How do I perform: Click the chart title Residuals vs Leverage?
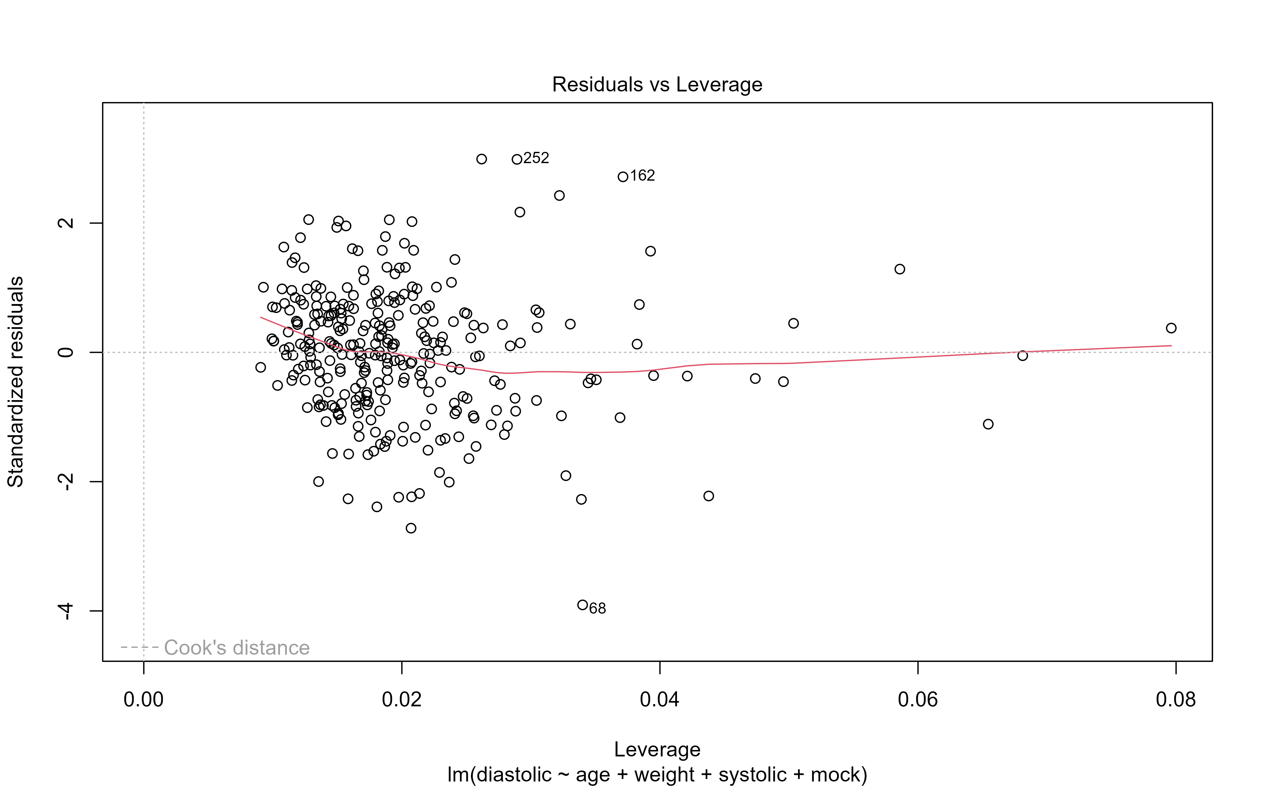657,85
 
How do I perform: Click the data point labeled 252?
517,159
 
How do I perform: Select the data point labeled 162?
622,177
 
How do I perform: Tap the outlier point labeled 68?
582,605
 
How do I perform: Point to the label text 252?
536,158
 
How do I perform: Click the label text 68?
597,608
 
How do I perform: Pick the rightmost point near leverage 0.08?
1171,328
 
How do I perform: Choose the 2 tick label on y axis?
66,223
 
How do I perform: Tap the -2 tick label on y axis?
66,481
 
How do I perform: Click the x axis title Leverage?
657,749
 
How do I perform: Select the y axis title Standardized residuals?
16,382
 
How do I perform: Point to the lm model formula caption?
657,774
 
